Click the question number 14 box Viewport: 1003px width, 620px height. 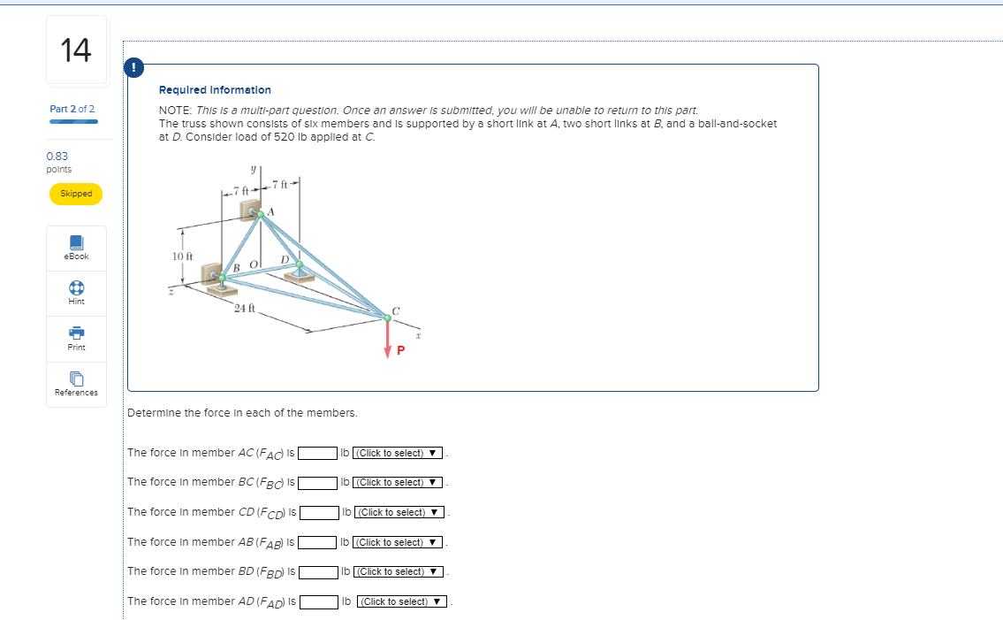(76, 50)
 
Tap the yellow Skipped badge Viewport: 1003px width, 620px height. (76, 194)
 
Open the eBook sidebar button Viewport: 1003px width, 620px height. (76, 247)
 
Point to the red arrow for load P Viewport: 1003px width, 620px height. (387, 339)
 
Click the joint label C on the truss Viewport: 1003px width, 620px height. (396, 310)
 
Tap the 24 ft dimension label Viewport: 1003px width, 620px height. (245, 308)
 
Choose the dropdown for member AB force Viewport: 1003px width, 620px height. (398, 542)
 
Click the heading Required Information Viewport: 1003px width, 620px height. (215, 90)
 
